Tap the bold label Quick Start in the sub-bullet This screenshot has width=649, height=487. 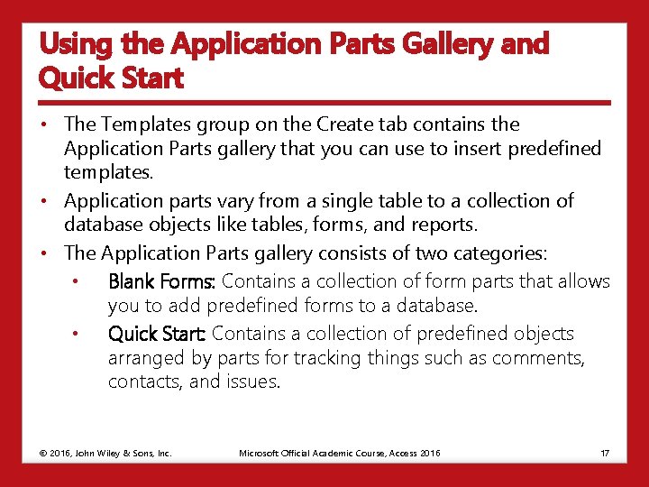pos(157,334)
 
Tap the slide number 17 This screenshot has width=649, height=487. pos(605,453)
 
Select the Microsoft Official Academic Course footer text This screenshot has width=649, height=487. pos(340,453)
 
